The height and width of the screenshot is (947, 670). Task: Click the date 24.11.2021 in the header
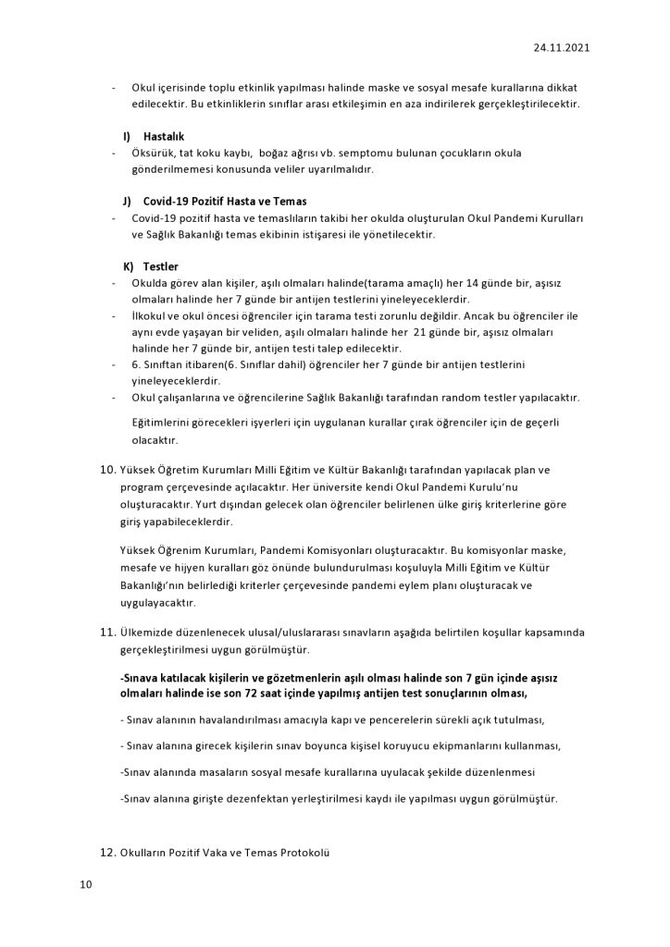click(562, 45)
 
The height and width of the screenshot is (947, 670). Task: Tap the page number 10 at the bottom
click(85, 885)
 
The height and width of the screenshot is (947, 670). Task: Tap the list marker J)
click(128, 201)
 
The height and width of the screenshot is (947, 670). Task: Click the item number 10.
click(108, 470)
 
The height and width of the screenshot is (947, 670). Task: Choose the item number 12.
click(108, 851)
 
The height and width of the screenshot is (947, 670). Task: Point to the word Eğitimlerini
click(165, 423)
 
